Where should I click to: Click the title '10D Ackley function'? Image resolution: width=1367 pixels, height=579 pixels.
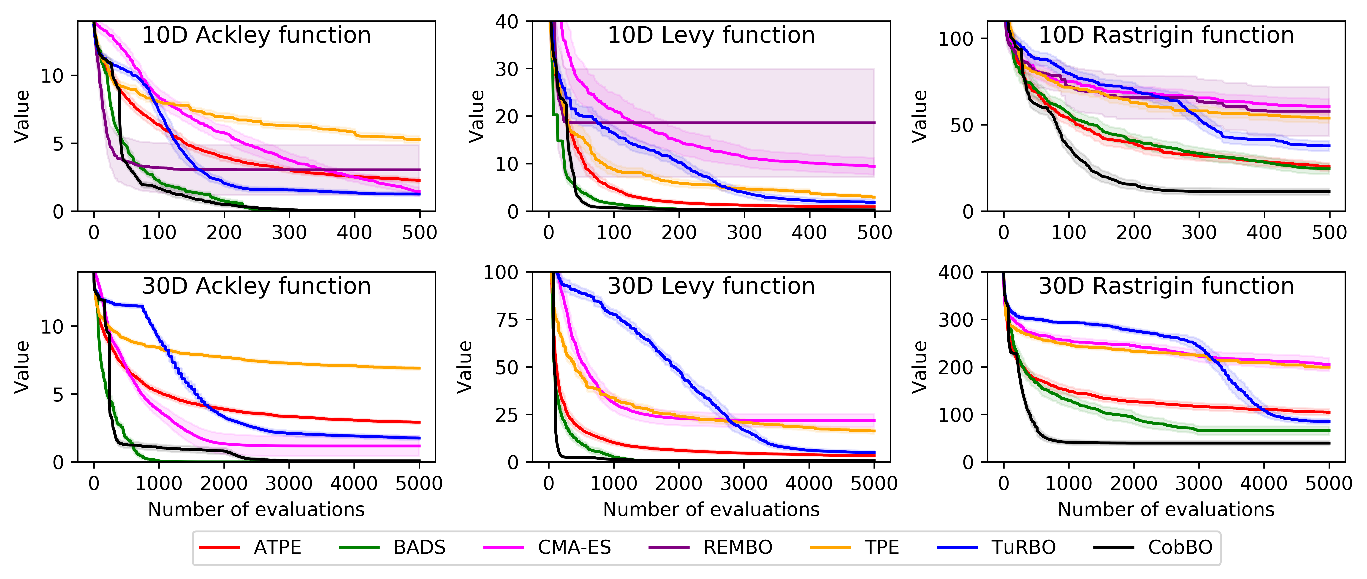coord(256,35)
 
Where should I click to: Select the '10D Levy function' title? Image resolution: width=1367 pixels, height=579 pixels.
coord(711,35)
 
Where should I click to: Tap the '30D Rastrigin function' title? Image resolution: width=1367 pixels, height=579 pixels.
coord(1166,286)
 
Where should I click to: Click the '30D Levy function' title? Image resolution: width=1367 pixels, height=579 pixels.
coord(711,286)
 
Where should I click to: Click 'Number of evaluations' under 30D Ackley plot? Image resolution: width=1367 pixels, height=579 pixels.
coord(256,509)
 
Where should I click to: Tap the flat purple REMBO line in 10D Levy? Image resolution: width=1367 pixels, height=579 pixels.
coord(743,123)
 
